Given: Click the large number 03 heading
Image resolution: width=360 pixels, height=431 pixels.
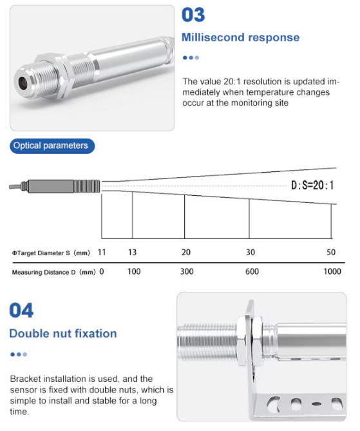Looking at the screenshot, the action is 193,15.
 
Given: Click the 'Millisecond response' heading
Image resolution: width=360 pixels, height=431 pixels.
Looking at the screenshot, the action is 240,37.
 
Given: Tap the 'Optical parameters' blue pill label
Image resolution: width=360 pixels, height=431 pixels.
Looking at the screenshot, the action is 52,146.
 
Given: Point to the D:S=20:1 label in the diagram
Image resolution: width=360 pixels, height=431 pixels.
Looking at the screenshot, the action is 312,186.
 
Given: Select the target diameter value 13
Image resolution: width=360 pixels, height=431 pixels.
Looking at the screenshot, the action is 132,252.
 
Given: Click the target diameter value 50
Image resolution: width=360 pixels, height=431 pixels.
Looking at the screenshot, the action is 331,252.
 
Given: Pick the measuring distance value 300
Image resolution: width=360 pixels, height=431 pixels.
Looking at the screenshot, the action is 187,272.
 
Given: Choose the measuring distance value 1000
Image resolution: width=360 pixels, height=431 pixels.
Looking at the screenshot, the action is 332,272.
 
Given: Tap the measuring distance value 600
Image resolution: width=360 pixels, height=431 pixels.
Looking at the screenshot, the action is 252,272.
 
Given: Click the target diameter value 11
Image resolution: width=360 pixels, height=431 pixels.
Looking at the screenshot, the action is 102,252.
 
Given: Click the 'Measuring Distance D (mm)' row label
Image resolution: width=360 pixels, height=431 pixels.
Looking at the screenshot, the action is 53,272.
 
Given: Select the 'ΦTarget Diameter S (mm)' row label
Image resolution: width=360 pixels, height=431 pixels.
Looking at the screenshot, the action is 51,253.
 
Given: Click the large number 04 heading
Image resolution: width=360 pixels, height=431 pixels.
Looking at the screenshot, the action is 21,311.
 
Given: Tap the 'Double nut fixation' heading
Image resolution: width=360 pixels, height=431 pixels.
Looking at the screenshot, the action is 63,334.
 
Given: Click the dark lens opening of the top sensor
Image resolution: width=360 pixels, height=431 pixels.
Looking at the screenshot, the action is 23,82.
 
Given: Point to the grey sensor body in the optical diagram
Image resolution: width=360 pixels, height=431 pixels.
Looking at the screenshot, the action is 64,186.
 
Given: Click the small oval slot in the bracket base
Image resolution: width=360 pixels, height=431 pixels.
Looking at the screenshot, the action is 316,404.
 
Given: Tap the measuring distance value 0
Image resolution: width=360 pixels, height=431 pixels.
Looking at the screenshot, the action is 102,272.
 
